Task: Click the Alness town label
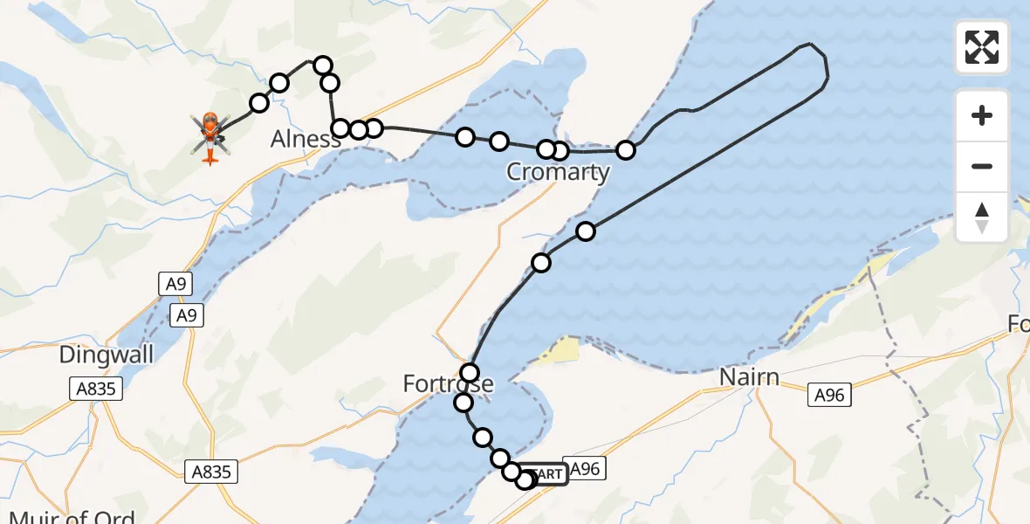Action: click(306, 139)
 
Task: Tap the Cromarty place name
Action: click(558, 171)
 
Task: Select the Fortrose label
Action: click(448, 383)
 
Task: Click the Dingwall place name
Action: click(106, 355)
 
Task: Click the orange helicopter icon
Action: click(210, 136)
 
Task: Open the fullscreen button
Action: click(982, 47)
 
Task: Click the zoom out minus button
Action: click(982, 166)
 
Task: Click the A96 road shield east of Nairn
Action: click(829, 395)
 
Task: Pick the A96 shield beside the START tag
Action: click(584, 469)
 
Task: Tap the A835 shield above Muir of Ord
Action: click(211, 472)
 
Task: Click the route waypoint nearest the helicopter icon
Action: click(258, 104)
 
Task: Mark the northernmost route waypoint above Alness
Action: click(323, 65)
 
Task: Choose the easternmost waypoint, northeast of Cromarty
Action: click(626, 150)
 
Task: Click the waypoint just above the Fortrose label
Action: click(470, 373)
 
